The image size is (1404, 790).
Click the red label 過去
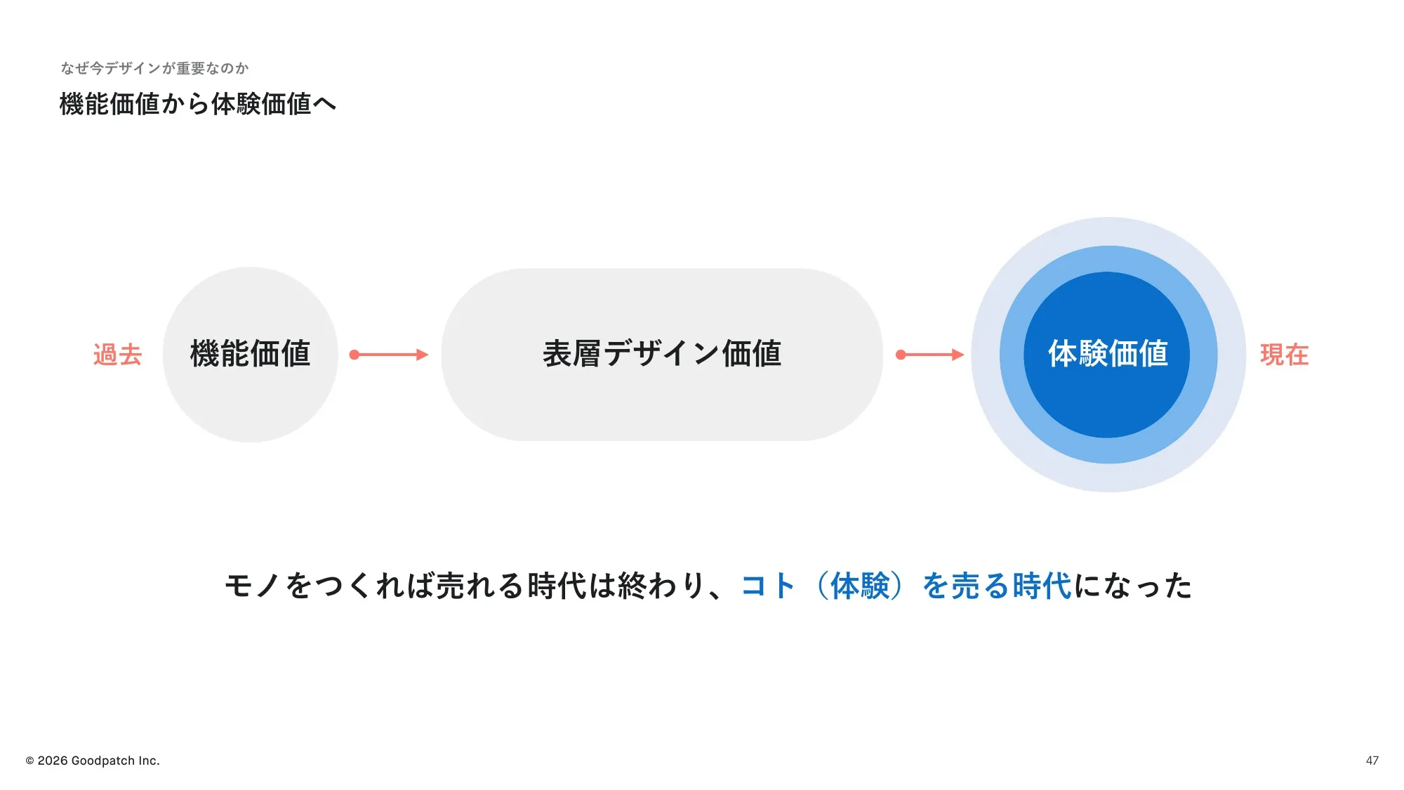[x=117, y=355]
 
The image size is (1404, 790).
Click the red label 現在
[x=1284, y=355]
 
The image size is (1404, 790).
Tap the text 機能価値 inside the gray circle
[x=250, y=353]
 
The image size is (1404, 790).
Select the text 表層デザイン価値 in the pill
[x=662, y=353]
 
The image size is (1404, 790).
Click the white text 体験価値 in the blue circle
[x=1108, y=353]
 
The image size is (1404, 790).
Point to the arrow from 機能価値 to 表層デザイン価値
[x=389, y=355]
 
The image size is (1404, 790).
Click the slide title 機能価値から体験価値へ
[x=198, y=104]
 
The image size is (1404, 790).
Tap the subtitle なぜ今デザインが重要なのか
[x=154, y=68]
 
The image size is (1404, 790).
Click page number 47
[x=1372, y=761]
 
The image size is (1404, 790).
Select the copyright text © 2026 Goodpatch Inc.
[x=93, y=761]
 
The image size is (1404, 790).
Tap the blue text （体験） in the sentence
[x=859, y=586]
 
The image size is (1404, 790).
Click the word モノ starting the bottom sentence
[x=253, y=586]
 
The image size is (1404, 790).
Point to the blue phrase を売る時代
[x=997, y=586]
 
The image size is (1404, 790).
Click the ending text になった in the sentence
[x=1133, y=586]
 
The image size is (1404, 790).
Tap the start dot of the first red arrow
[x=355, y=355]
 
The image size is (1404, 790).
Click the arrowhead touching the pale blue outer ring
[x=958, y=355]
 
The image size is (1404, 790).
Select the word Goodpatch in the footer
[x=103, y=761]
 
